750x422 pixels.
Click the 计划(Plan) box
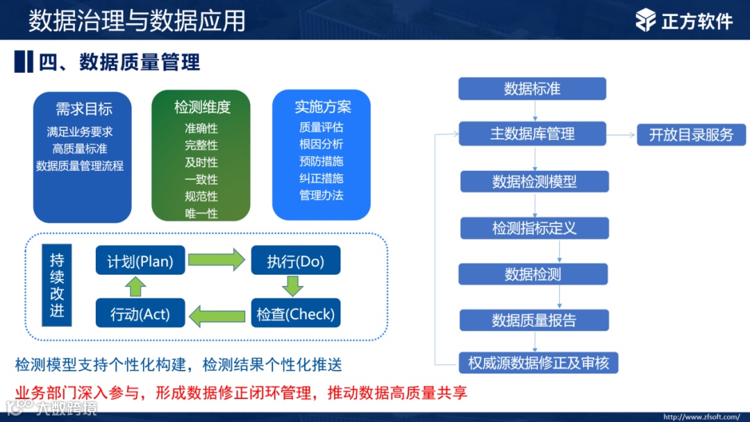140,262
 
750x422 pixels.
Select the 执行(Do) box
295,262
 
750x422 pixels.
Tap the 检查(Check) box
295,314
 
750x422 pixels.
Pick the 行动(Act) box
140,314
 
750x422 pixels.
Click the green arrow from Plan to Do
217,261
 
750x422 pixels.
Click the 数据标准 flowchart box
532,89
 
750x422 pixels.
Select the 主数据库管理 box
532,134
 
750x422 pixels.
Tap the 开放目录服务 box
691,135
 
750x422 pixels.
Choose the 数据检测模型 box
534,182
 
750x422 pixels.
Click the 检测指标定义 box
534,228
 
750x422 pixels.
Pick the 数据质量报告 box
534,320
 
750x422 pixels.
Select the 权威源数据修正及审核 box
538,363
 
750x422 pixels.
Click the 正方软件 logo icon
646,20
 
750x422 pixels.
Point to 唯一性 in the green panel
201,213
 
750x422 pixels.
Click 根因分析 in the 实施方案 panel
321,144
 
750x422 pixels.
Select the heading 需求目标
84,109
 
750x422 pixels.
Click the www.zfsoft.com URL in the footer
701,417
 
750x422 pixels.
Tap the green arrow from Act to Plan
136,286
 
